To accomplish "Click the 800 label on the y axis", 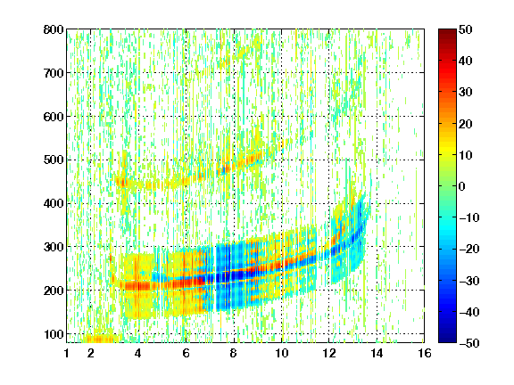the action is pyautogui.click(x=54, y=29).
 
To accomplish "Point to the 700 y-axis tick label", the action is pyautogui.click(x=54, y=73).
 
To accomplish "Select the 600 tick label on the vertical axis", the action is pyautogui.click(x=54, y=117).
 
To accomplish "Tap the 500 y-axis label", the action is pyautogui.click(x=54, y=160).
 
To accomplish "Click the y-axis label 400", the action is pyautogui.click(x=54, y=203).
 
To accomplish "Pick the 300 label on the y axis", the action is pyautogui.click(x=54, y=247).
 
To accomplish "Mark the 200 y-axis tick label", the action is pyautogui.click(x=54, y=291).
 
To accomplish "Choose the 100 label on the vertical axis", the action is pyautogui.click(x=54, y=334).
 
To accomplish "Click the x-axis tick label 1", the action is pyautogui.click(x=67, y=353).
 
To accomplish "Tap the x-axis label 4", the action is pyautogui.click(x=138, y=353).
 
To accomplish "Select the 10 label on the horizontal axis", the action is pyautogui.click(x=282, y=353).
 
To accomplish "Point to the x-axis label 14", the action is pyautogui.click(x=377, y=353).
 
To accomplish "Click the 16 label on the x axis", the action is pyautogui.click(x=425, y=353).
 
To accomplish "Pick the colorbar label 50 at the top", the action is pyautogui.click(x=466, y=29).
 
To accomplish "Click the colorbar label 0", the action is pyautogui.click(x=462, y=186).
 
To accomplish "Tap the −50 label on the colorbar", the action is pyautogui.click(x=469, y=343).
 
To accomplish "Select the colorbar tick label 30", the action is pyautogui.click(x=466, y=92).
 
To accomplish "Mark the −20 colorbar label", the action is pyautogui.click(x=469, y=249).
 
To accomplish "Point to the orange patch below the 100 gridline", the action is pyautogui.click(x=98, y=339).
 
